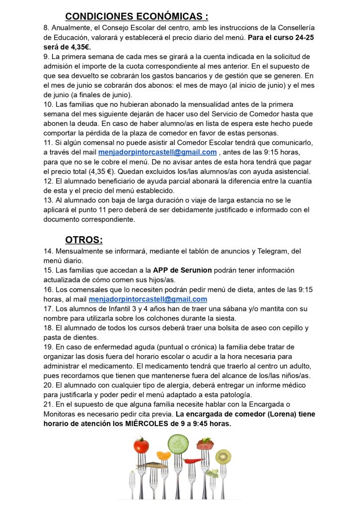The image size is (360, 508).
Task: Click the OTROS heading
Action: point(84,240)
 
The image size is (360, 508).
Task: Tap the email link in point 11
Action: point(157,152)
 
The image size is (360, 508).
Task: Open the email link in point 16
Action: point(147,299)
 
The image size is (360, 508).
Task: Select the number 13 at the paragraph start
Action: point(48,200)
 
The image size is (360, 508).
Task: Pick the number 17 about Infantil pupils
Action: point(48,309)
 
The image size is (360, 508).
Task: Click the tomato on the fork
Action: point(142,445)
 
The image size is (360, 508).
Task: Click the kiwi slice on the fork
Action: point(223,456)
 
